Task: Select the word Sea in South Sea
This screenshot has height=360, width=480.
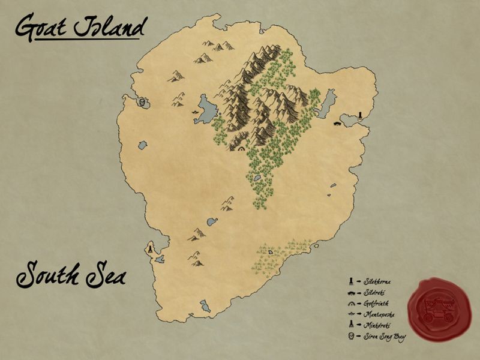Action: pos(107,277)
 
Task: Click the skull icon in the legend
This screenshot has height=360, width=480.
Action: pos(350,335)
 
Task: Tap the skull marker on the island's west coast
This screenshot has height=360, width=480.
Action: pos(142,102)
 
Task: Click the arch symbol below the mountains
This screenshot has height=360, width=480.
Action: pos(241,148)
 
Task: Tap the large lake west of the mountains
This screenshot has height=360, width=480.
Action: pos(206,109)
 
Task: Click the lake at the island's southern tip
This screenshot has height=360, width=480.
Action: pos(205,307)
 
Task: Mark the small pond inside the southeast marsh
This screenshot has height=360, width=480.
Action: pos(271,253)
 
